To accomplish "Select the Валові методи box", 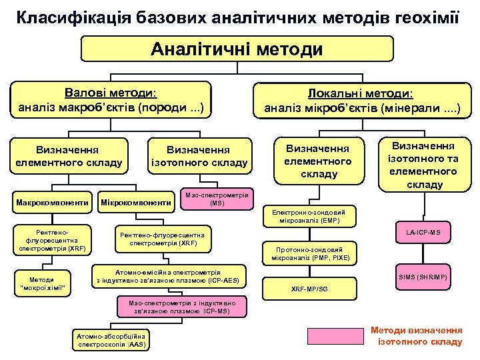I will (x=111, y=99).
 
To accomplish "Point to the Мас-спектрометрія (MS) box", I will (x=217, y=198).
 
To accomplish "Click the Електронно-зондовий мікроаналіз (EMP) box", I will (x=311, y=215).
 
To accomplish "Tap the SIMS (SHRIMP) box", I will (x=423, y=276).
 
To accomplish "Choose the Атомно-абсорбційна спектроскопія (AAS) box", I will (x=111, y=341).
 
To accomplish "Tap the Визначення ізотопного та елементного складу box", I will (x=423, y=165).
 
